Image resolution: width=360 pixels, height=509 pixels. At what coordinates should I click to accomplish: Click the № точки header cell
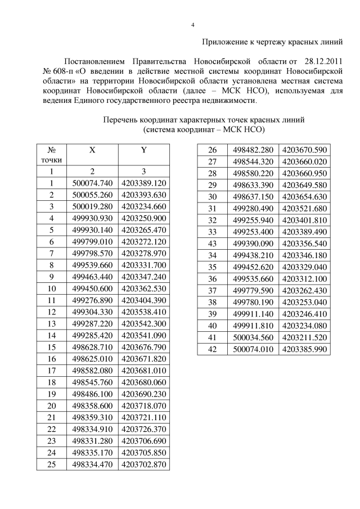[x=51, y=155]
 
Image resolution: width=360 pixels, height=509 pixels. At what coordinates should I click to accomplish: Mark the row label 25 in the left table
[x=51, y=464]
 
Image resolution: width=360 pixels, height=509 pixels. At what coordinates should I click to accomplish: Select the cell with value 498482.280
[x=253, y=150]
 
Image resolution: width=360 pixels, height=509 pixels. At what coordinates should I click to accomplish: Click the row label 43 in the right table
[x=213, y=244]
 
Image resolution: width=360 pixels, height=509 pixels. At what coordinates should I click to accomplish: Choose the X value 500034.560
[x=253, y=337]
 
